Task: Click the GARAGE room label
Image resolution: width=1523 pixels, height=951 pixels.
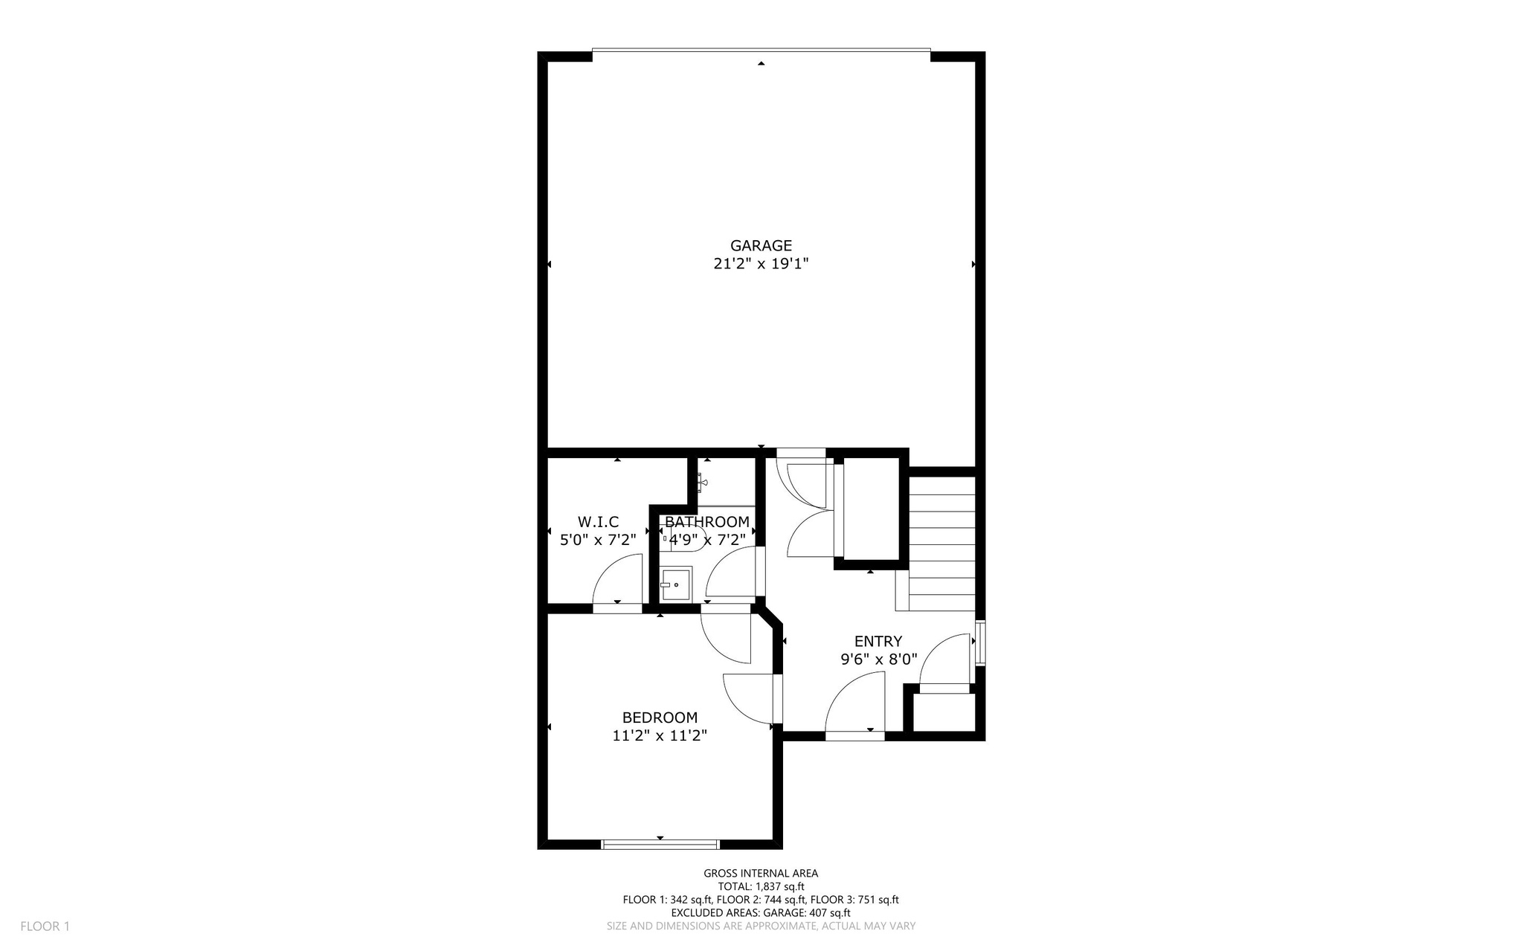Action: [761, 245]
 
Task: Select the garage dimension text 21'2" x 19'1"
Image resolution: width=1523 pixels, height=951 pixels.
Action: [761, 263]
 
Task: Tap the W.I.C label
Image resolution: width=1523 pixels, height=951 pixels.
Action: [598, 522]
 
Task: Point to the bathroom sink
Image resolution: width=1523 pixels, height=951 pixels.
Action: [676, 585]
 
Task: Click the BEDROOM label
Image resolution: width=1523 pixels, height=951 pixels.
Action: [660, 718]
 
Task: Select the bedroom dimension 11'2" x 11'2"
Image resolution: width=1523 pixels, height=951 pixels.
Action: [660, 735]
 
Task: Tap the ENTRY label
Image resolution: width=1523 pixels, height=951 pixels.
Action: [878, 641]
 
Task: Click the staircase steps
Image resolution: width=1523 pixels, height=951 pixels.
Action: [941, 543]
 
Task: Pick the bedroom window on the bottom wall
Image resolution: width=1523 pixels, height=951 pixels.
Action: [660, 844]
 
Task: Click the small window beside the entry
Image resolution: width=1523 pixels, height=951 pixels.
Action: [980, 642]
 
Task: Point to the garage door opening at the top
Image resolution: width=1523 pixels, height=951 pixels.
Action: [761, 51]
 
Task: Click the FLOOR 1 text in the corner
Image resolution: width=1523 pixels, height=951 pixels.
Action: [45, 926]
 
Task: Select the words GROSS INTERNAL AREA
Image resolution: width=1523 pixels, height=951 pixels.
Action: [761, 874]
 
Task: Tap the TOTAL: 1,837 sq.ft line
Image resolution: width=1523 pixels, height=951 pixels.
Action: [761, 886]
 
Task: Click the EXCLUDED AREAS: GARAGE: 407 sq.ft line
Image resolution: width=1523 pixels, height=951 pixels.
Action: [761, 913]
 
